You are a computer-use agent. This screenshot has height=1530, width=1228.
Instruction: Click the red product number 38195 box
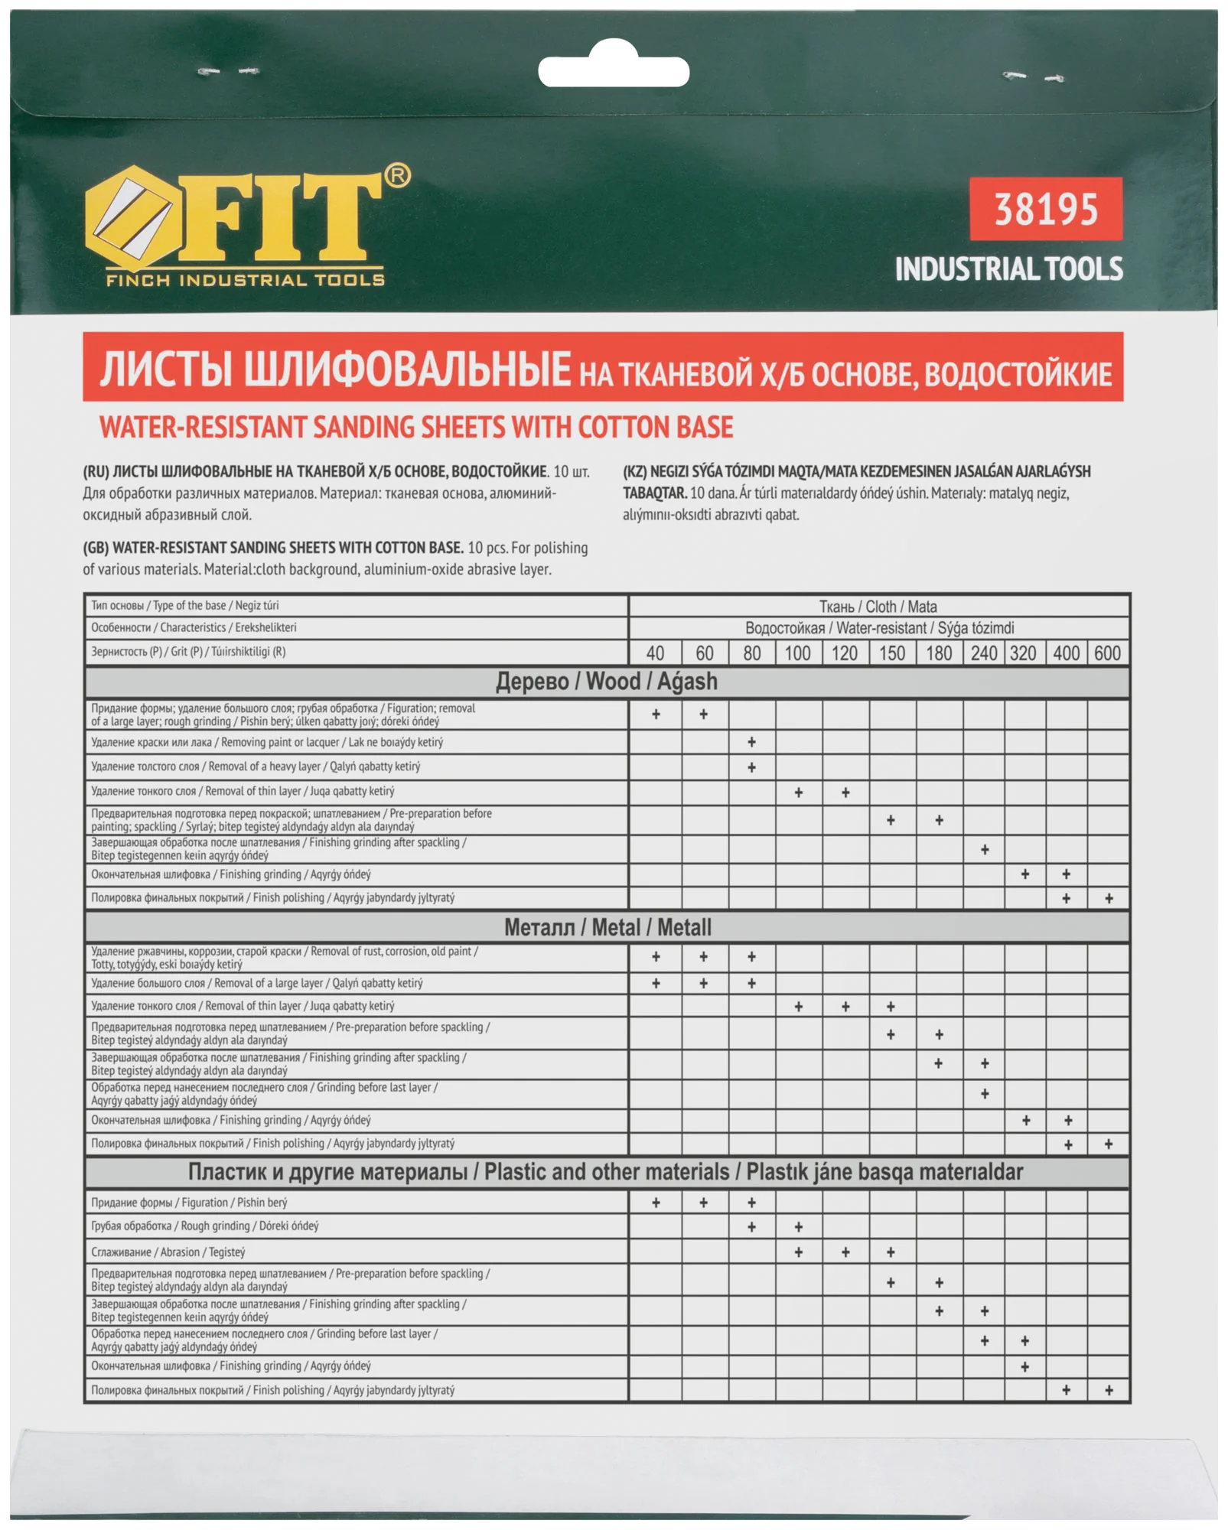[x=1045, y=209]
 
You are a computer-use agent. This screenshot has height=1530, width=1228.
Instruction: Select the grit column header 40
[x=655, y=653]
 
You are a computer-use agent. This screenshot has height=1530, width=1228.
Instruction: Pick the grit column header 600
[x=1107, y=653]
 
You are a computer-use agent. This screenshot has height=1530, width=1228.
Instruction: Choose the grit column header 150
[x=891, y=653]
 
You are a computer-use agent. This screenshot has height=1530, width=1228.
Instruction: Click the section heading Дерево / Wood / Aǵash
[x=607, y=682]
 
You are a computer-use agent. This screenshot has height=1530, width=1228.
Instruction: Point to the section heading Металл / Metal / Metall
[x=607, y=928]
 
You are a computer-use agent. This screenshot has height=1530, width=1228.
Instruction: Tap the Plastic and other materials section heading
[x=605, y=1173]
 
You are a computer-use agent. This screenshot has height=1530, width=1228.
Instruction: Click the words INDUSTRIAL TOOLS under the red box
[x=1008, y=269]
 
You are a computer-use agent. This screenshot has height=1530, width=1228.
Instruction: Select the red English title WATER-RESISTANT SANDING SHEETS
[x=416, y=427]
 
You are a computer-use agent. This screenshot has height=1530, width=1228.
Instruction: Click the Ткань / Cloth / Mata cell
[x=878, y=607]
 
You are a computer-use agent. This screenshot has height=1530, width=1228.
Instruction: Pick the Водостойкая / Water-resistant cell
[x=879, y=628]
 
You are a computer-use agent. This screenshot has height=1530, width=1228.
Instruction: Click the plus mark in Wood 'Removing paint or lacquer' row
[x=751, y=742]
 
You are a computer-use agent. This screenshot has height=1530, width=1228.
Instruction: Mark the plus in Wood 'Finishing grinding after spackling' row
[x=985, y=849]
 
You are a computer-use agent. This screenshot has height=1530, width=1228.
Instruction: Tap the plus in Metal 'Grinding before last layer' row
[x=985, y=1094]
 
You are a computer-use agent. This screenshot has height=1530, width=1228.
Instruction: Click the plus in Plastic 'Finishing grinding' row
[x=1025, y=1367]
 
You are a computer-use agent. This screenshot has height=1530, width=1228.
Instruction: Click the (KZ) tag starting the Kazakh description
[x=634, y=471]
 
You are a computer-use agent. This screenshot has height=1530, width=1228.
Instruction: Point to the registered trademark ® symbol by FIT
[x=397, y=176]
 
